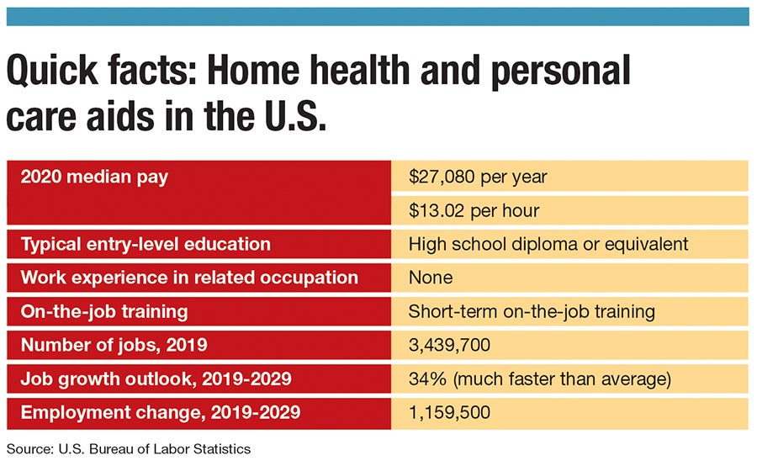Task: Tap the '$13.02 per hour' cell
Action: tap(474, 210)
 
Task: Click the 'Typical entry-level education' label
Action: tap(146, 244)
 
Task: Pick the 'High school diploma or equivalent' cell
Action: tap(548, 244)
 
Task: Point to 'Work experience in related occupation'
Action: tap(189, 278)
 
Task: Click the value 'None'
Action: tap(431, 278)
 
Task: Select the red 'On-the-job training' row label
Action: tap(103, 311)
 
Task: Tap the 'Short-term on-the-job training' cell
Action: tap(532, 311)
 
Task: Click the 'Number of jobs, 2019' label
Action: tap(113, 345)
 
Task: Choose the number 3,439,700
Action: tap(449, 345)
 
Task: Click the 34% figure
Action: tap(425, 379)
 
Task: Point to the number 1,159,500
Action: tap(449, 412)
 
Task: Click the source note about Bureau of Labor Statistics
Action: tap(128, 449)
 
